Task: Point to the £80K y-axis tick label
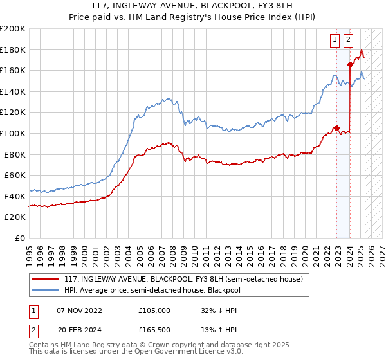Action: [x=14, y=154]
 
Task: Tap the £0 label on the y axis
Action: [x=21, y=238]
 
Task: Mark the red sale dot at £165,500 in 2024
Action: [x=350, y=64]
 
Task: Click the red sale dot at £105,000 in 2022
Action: [x=336, y=128]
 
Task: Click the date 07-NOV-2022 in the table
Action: [x=79, y=310]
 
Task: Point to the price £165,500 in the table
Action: [x=154, y=331]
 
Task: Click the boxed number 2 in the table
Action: [x=33, y=331]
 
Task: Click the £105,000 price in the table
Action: [x=154, y=310]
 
